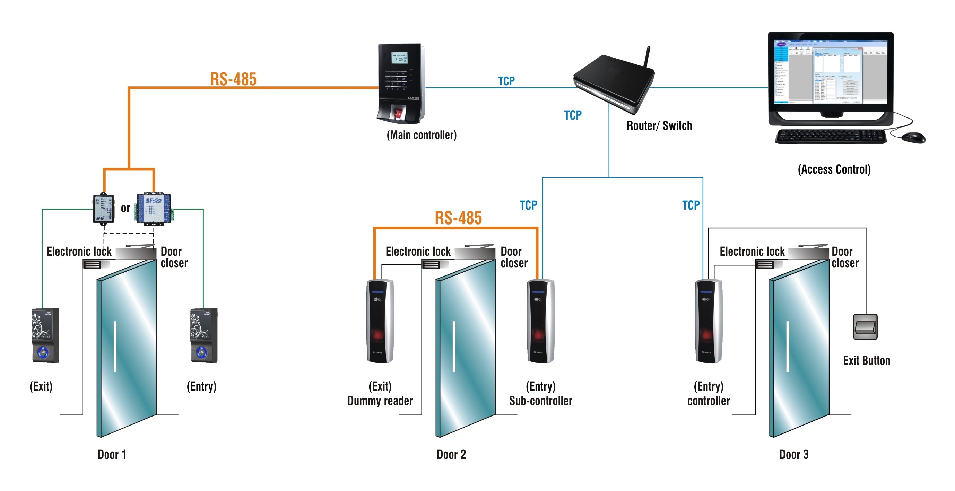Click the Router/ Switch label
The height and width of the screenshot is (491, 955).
coord(659,126)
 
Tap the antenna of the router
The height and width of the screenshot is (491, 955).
coord(646,57)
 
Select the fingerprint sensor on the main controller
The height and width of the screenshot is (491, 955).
coord(398,113)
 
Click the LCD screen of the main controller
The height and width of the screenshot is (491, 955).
coord(399,58)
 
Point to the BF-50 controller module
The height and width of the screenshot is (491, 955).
coord(154,208)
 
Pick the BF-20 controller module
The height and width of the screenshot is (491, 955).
coord(103,209)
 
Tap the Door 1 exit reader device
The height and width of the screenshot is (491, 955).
coord(45,335)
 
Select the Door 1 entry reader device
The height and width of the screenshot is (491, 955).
coord(203,335)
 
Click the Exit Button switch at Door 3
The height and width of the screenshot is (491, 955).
coord(865,326)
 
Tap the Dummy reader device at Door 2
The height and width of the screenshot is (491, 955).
coord(380,321)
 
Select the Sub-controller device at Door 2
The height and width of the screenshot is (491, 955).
coord(540,321)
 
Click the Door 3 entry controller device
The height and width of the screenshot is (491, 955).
coord(708,321)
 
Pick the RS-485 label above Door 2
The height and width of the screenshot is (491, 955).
coord(458,218)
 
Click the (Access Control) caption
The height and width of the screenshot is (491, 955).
coord(834,169)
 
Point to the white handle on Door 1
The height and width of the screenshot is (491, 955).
coord(115,346)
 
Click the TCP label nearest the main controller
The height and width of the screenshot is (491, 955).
coord(506,81)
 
